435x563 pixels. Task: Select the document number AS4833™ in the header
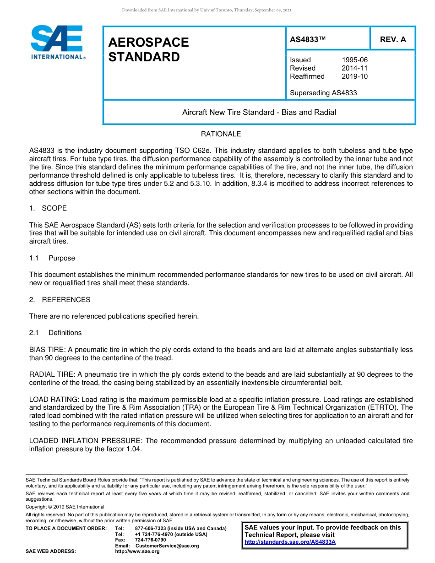click(308, 39)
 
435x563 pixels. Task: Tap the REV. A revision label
click(393, 39)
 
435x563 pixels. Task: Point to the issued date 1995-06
click(354, 60)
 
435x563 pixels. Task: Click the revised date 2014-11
click(354, 68)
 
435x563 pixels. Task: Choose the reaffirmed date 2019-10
click(354, 76)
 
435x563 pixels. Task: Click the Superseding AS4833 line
click(323, 93)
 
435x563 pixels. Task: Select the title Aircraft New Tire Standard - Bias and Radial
click(259, 113)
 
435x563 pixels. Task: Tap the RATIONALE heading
click(221, 134)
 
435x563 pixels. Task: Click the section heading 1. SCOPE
click(48, 208)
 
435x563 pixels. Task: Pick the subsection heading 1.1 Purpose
click(52, 258)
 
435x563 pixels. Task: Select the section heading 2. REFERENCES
click(60, 300)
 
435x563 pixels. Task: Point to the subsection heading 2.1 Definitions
click(55, 333)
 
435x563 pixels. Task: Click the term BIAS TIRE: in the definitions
click(48, 350)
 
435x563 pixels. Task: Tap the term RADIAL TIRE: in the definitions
click(53, 374)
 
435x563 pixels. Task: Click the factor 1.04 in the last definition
click(133, 449)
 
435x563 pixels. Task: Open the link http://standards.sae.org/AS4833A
click(290, 542)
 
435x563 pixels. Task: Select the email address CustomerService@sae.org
click(167, 546)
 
